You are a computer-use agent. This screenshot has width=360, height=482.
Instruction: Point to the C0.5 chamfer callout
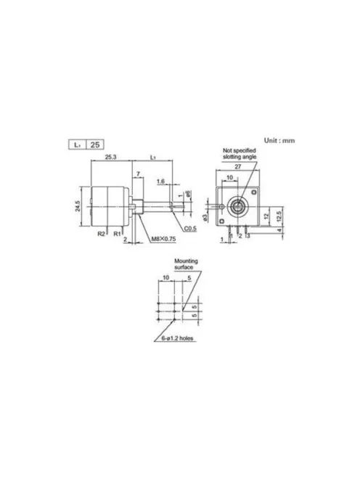tap(191, 229)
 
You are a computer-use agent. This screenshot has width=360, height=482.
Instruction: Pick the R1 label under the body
tap(117, 234)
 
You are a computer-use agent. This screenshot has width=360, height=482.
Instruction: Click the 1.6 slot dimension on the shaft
tap(160, 182)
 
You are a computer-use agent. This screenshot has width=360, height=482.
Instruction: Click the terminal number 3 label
tap(249, 237)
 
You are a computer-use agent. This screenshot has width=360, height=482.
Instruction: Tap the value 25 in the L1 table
tap(95, 144)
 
